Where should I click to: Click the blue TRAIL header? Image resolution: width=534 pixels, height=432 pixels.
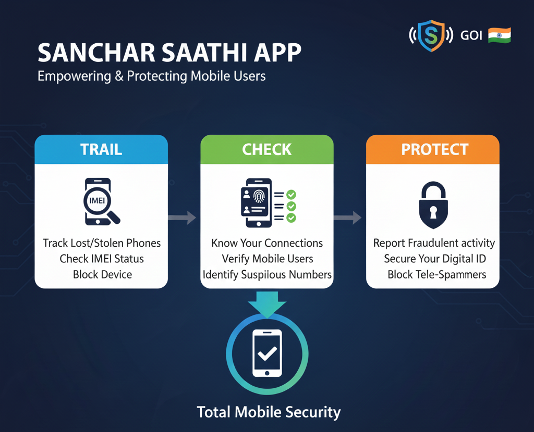click(x=101, y=150)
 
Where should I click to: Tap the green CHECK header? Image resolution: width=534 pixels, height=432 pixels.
click(x=266, y=150)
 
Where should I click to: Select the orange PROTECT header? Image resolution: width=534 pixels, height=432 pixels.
click(x=432, y=150)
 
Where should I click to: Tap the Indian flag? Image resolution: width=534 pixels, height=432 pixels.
click(x=499, y=35)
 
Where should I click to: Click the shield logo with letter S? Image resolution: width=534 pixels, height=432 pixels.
click(x=431, y=35)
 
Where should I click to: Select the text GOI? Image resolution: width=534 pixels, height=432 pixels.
click(x=471, y=36)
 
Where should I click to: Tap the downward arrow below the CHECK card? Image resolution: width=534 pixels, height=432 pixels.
click(x=266, y=303)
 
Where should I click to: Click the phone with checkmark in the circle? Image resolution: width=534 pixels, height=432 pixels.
click(x=266, y=353)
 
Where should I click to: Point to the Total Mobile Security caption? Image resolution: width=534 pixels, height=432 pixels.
click(x=269, y=412)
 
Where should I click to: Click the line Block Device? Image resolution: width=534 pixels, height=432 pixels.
click(x=102, y=274)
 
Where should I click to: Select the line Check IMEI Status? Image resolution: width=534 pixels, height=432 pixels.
click(x=102, y=259)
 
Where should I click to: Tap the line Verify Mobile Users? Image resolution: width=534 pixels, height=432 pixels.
click(x=268, y=259)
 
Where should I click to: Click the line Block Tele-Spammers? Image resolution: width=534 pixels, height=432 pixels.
click(x=436, y=274)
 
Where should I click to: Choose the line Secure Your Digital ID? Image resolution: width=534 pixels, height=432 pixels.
click(x=434, y=259)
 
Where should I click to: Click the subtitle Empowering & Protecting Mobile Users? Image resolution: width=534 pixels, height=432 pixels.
click(x=152, y=76)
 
